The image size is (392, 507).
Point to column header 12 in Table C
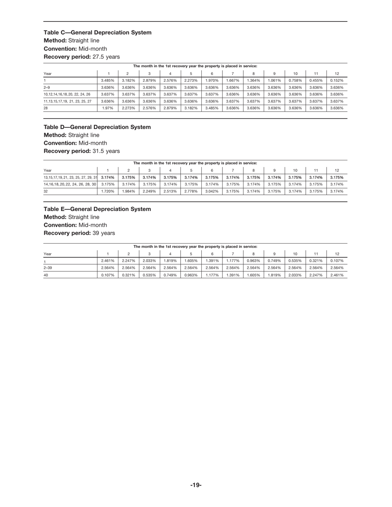point(337,73)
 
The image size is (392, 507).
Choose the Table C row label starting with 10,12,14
point(67,94)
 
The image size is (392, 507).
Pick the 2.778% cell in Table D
point(191,191)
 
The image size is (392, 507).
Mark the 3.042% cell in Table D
point(212,191)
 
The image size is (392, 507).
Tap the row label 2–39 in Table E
point(48,268)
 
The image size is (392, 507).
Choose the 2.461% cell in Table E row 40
point(337,275)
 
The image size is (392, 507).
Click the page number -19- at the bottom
point(196,485)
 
